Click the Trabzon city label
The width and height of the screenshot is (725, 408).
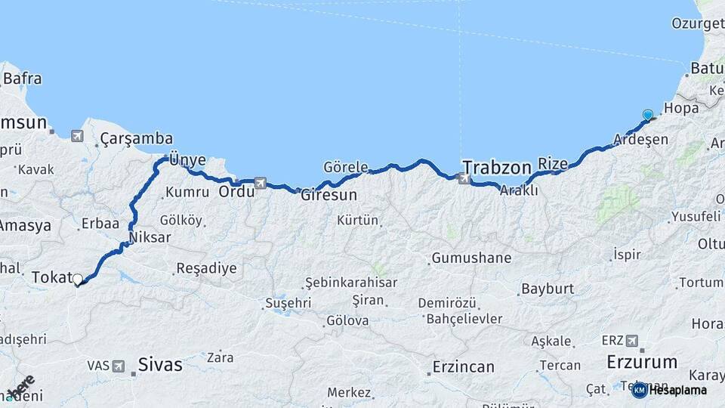[496, 165]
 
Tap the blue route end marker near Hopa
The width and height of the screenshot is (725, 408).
[647, 115]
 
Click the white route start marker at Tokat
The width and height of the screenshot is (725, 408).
[77, 280]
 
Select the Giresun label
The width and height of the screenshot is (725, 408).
[329, 194]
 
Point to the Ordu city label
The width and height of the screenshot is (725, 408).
[236, 192]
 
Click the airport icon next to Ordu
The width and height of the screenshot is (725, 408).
[261, 182]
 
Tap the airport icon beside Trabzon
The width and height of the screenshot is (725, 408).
[464, 179]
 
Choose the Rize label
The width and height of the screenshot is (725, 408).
[552, 162]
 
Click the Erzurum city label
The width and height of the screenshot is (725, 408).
[640, 362]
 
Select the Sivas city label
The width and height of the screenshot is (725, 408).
[159, 365]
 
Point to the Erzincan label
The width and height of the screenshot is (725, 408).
[463, 367]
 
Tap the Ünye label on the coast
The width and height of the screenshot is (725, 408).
[188, 159]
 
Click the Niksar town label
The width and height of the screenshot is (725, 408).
[150, 237]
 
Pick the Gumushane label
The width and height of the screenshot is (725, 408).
[471, 258]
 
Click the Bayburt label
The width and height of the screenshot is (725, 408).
[548, 289]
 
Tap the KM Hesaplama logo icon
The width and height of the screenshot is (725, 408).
[639, 390]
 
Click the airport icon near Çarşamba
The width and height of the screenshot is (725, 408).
[77, 136]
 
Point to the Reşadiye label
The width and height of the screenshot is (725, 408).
[206, 267]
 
